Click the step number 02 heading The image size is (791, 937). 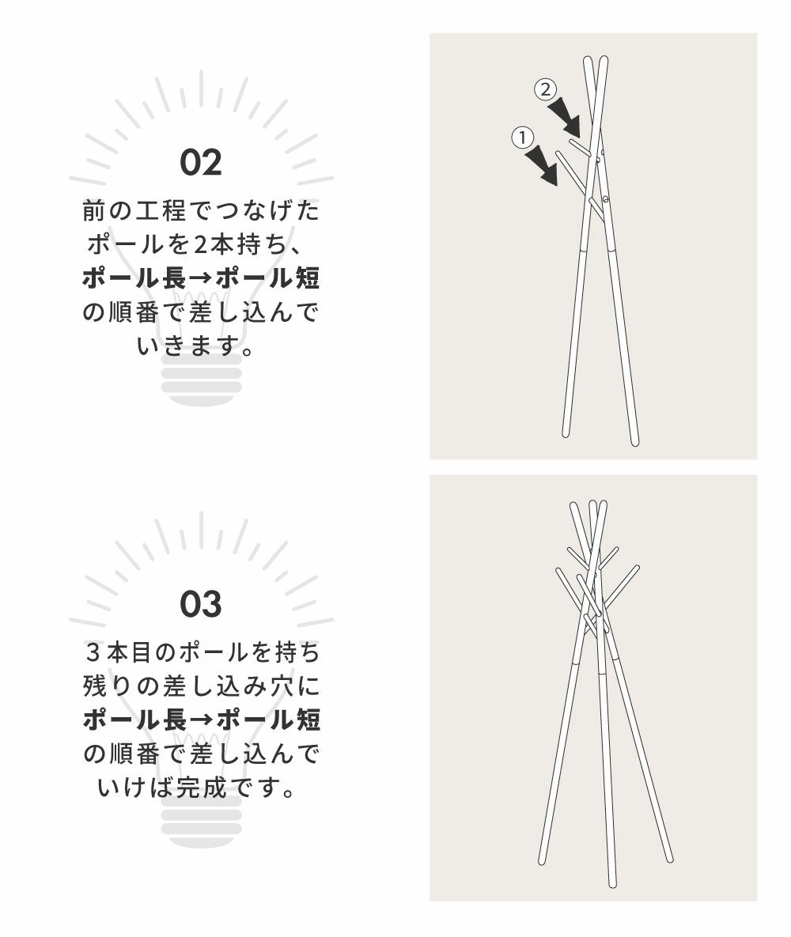pyautogui.click(x=201, y=163)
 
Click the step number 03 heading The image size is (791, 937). pyautogui.click(x=201, y=604)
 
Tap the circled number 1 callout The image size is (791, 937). pyautogui.click(x=523, y=138)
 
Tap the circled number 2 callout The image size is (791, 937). pyautogui.click(x=545, y=89)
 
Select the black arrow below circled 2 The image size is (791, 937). pyautogui.click(x=565, y=117)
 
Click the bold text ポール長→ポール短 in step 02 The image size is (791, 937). pyautogui.click(x=201, y=278)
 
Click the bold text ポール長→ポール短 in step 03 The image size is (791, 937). pyautogui.click(x=202, y=720)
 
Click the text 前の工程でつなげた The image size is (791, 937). pyautogui.click(x=201, y=211)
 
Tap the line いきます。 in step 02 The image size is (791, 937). pyautogui.click(x=196, y=346)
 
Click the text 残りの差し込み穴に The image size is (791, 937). pyautogui.click(x=202, y=686)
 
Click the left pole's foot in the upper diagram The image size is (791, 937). pyautogui.click(x=566, y=433)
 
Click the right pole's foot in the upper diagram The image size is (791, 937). pyautogui.click(x=635, y=441)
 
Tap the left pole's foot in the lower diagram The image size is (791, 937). pyautogui.click(x=543, y=860)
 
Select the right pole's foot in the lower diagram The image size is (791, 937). pyautogui.click(x=670, y=858)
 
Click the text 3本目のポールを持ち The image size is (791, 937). pyautogui.click(x=202, y=652)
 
